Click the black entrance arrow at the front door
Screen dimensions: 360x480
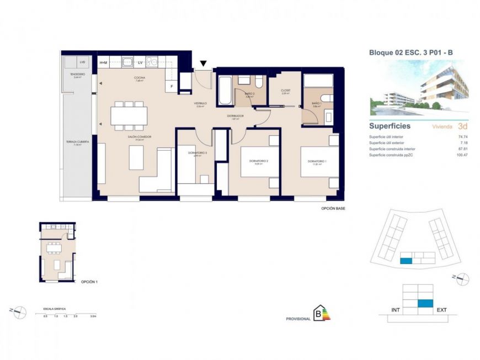pos(204,63)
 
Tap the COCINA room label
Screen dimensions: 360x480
pos(139,78)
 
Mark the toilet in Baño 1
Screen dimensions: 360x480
pos(327,99)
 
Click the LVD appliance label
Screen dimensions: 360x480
pos(82,62)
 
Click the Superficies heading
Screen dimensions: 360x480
pos(390,126)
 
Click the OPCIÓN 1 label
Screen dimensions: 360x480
pos(89,282)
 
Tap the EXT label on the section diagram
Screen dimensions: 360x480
pos(441,310)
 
